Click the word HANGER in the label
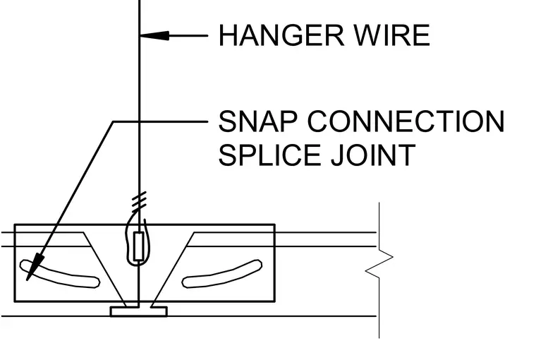point(281,35)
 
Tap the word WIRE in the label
point(392,35)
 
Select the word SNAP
point(257,121)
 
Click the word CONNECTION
point(406,121)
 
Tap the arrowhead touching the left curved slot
point(35,268)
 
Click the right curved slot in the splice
point(222,274)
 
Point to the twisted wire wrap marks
point(140,200)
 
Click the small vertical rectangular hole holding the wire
point(138,246)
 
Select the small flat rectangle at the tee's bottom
point(138,312)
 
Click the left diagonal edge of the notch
point(104,270)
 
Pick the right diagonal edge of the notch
point(172,270)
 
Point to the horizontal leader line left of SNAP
point(160,121)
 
